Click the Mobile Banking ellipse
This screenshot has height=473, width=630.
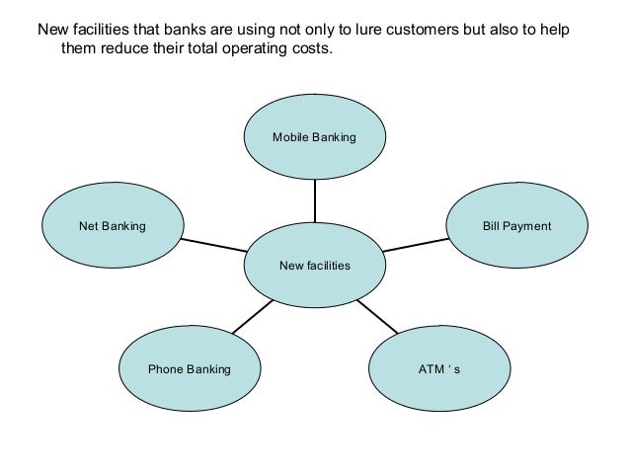(x=314, y=138)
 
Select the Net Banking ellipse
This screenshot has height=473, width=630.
(x=112, y=226)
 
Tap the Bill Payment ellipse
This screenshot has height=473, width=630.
(x=516, y=226)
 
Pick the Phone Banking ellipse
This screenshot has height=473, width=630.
(x=189, y=369)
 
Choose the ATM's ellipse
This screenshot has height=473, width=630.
(x=439, y=369)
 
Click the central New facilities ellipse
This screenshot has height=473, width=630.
(x=314, y=266)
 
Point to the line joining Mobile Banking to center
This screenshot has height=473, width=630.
(x=314, y=201)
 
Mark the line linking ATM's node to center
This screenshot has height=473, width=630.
(x=376, y=316)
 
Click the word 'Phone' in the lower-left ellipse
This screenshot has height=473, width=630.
(x=166, y=369)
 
